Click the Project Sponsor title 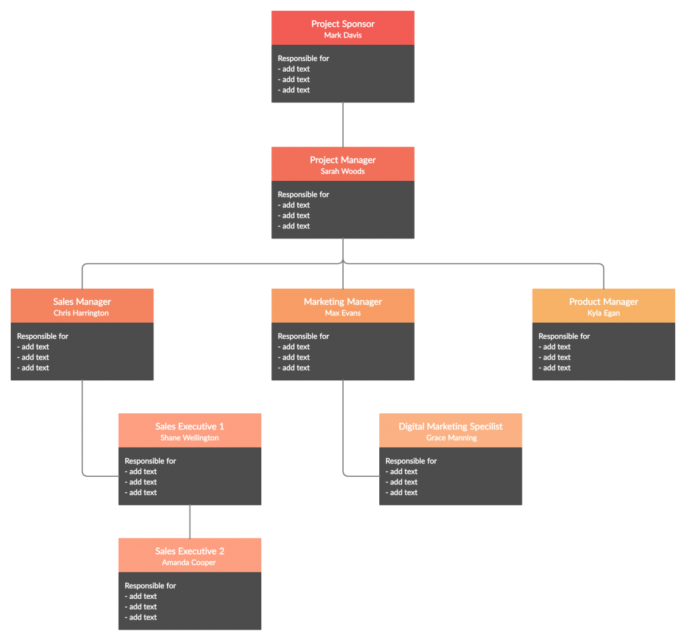[x=342, y=24]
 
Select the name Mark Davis [x=342, y=35]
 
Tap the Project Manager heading [x=342, y=160]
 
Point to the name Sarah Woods [x=342, y=171]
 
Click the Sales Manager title [x=82, y=302]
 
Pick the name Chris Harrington [x=81, y=313]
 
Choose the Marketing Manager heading [x=342, y=302]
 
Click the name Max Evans [x=342, y=313]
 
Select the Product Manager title [x=603, y=302]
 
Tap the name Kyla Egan [x=603, y=313]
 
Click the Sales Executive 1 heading [x=190, y=427]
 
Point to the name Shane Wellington [x=190, y=438]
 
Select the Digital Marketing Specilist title [x=450, y=427]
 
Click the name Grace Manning [x=451, y=438]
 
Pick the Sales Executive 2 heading [x=190, y=551]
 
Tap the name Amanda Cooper [x=189, y=563]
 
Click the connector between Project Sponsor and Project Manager [x=343, y=125]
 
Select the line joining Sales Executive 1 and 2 [x=190, y=521]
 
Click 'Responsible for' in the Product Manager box [x=564, y=336]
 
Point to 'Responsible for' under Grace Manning [x=411, y=461]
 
